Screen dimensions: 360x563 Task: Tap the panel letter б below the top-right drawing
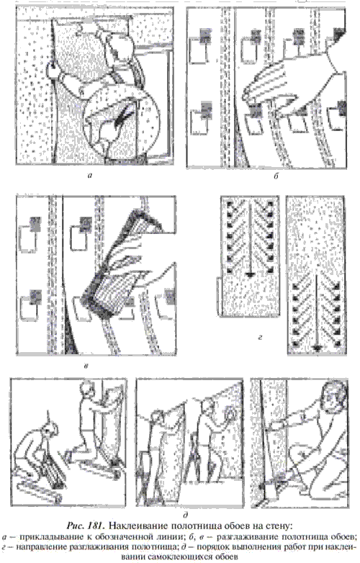tap(276, 176)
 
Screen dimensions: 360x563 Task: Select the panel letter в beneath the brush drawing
tap(86, 366)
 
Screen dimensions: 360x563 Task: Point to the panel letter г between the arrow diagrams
tap(260, 337)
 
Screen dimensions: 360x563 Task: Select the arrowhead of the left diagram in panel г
tap(249, 275)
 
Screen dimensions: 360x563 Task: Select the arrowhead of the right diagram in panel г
tap(316, 347)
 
